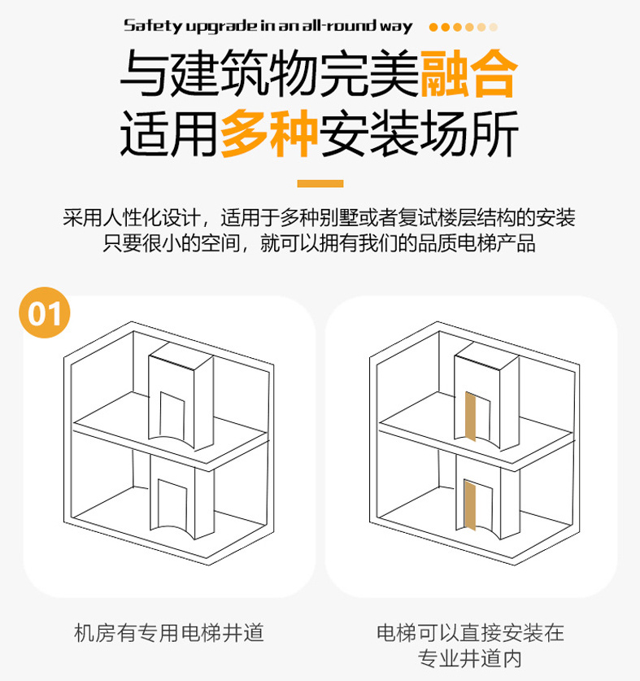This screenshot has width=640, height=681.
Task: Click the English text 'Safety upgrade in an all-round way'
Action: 268,26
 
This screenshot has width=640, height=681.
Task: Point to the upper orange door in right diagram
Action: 469,415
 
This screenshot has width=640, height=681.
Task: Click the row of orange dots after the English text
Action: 464,26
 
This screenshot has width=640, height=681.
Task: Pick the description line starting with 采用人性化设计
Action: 320,218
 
